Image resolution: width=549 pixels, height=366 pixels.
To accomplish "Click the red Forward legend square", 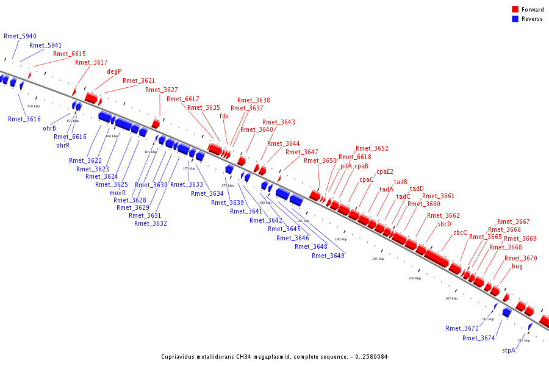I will click(x=515, y=10).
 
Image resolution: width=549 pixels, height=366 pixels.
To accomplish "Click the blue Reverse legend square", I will click(x=515, y=19).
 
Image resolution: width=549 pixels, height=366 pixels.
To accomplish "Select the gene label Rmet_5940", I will click(x=20, y=36).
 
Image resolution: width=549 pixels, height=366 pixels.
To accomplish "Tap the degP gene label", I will click(x=114, y=71).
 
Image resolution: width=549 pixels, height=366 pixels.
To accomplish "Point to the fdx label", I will click(x=224, y=116).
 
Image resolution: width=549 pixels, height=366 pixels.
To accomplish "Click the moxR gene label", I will click(x=118, y=193).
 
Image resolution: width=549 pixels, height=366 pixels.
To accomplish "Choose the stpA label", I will click(x=509, y=351).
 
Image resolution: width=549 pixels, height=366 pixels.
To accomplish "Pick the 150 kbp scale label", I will click(x=34, y=106).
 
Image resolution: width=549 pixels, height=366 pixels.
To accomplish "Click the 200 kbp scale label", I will click(x=415, y=278).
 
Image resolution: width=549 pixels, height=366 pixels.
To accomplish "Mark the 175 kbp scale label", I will click(x=228, y=185).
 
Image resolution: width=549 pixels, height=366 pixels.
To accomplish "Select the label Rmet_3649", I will click(x=328, y=256).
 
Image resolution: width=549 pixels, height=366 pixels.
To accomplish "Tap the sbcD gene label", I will click(x=444, y=224).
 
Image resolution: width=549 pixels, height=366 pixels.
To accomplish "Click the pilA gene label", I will click(x=346, y=166).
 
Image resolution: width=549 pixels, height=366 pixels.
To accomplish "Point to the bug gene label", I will click(x=517, y=266).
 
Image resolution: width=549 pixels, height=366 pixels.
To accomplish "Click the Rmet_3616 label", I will click(x=24, y=119).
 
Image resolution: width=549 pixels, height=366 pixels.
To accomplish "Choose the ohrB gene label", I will click(x=49, y=128).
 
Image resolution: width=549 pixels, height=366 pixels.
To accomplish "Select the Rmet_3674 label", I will click(x=478, y=338).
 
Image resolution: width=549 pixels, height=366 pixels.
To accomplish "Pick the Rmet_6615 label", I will click(x=70, y=54).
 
